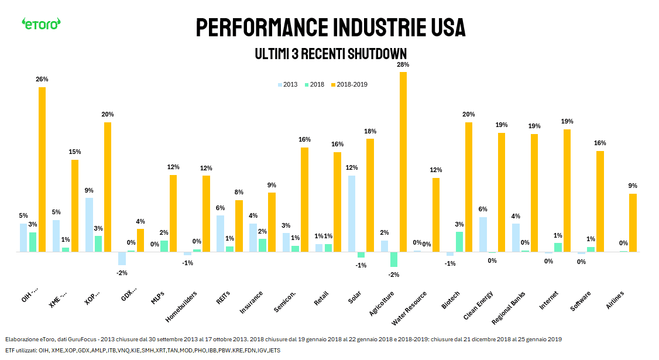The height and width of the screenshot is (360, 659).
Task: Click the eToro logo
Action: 41,23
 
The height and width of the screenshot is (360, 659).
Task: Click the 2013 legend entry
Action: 287,85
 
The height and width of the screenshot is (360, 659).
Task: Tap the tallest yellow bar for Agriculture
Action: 403,162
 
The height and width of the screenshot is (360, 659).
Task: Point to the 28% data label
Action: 403,65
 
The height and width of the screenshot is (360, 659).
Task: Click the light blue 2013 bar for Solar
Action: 351,214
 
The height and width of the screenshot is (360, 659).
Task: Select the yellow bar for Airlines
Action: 633,222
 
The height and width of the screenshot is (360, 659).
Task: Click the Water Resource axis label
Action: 410,307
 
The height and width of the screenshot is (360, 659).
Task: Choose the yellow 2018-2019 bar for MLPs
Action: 173,213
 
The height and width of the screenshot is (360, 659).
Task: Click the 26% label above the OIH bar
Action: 42,80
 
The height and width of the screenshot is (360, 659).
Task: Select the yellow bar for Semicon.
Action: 304,199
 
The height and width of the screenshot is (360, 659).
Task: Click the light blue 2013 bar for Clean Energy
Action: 483,234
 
